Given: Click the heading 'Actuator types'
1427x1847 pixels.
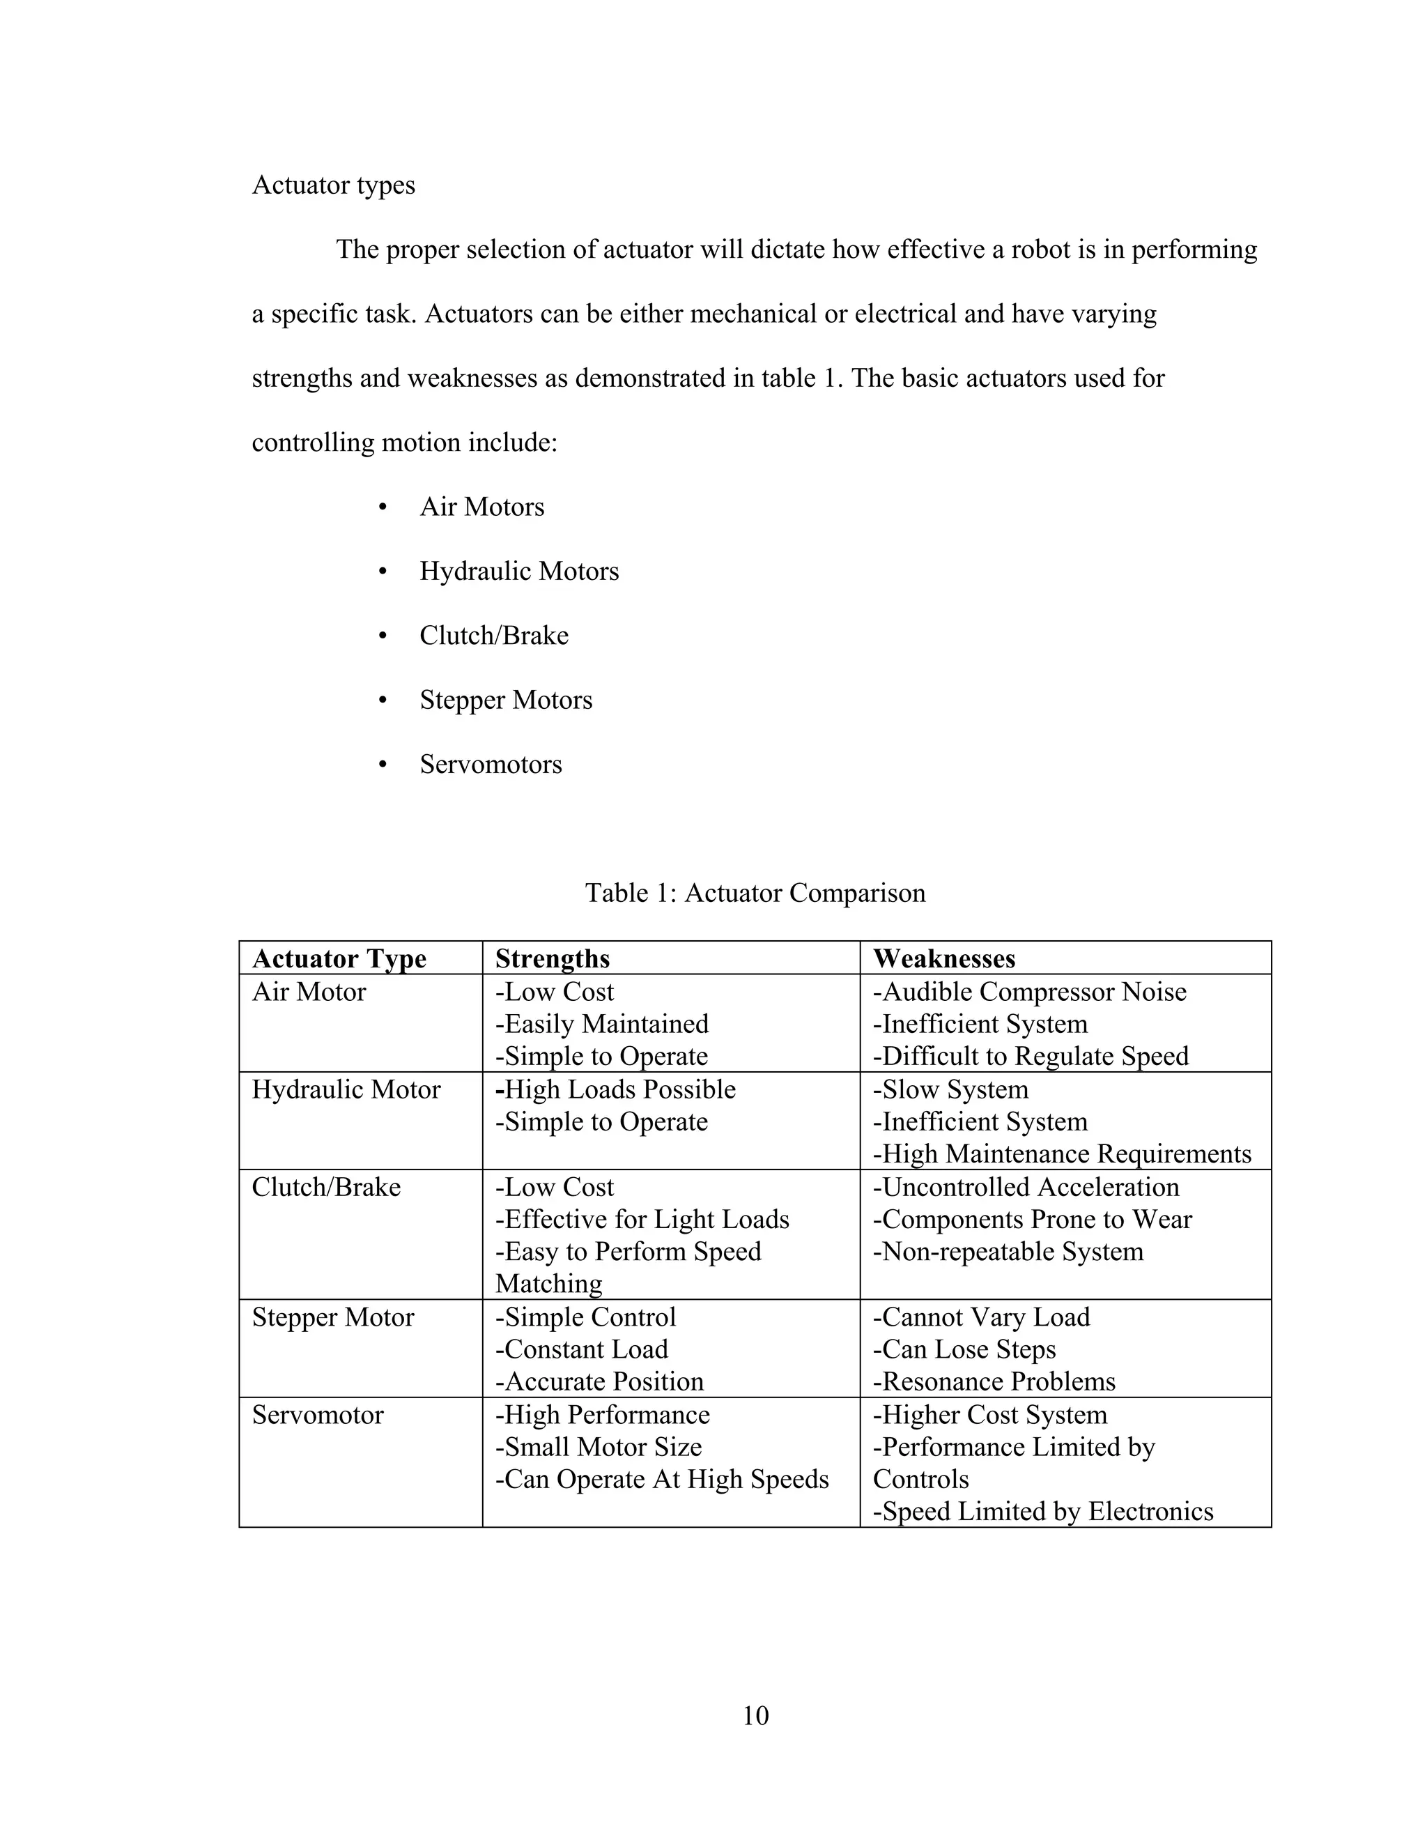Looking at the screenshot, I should [x=333, y=185].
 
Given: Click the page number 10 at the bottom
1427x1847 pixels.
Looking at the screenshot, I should [x=755, y=1715].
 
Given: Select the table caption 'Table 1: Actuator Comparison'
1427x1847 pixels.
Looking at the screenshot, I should [x=755, y=893].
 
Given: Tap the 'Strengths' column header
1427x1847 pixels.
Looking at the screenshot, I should [x=552, y=959].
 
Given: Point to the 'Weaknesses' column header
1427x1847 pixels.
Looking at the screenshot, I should [x=943, y=959].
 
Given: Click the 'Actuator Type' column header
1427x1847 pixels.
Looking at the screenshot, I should [x=339, y=959].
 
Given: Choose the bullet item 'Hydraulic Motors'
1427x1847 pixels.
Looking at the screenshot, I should [x=519, y=572].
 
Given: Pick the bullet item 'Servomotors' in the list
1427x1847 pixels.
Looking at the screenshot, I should [x=491, y=765].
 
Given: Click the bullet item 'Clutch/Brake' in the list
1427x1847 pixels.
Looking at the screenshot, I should [x=494, y=636].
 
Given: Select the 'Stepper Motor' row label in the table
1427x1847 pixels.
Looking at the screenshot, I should [x=333, y=1317].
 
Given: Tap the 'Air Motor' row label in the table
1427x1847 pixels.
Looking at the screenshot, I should [x=309, y=992].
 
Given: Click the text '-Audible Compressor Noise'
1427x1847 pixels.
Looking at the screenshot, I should [x=1029, y=992].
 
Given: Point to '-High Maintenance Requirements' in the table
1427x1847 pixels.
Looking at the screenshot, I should [x=1061, y=1154].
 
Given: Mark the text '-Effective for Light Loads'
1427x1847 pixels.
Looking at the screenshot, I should [x=642, y=1220].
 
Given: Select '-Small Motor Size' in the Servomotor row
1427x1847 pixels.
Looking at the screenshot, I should [x=598, y=1447].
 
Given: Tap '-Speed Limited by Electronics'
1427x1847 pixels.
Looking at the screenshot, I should [x=1042, y=1511].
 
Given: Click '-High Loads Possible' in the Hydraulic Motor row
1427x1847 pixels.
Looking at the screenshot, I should [x=615, y=1090].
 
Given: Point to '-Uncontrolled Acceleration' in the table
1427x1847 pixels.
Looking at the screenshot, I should [x=1026, y=1188].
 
